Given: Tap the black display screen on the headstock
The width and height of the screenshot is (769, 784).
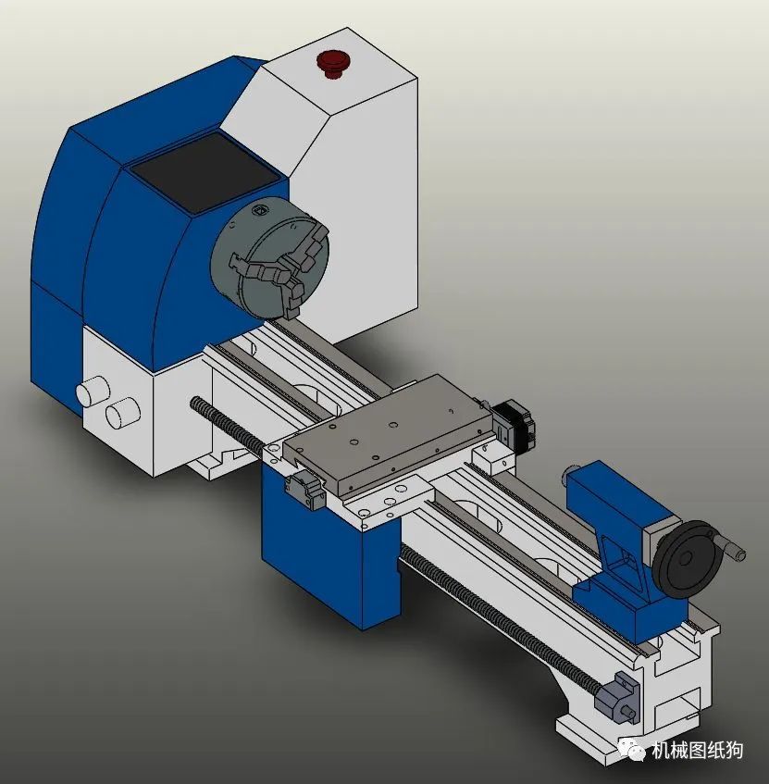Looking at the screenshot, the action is [x=204, y=171].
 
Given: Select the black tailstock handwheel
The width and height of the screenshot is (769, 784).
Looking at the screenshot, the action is [x=685, y=559].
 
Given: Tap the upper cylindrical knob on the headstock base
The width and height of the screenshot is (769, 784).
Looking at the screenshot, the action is [x=93, y=390].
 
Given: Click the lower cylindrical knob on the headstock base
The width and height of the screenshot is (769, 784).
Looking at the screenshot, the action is [x=122, y=412].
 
